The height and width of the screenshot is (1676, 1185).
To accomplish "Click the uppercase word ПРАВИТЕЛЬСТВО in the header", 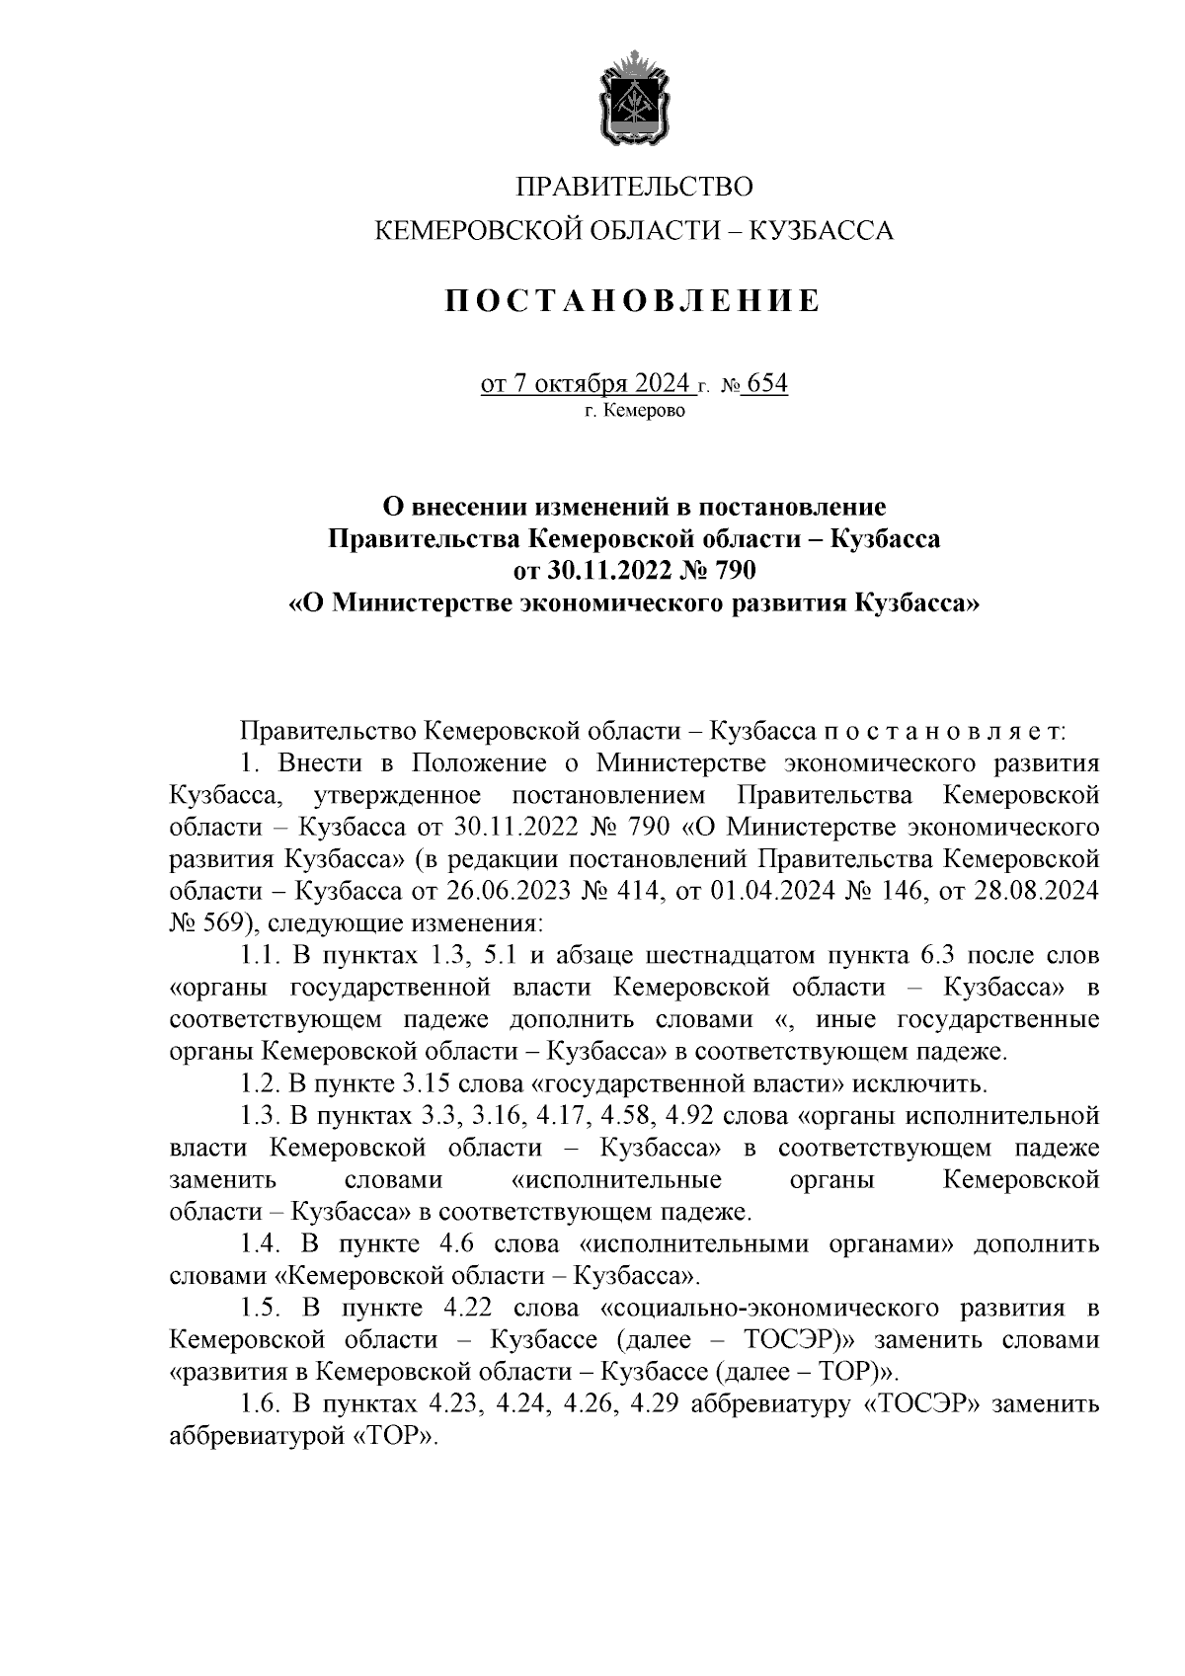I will click(635, 186).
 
